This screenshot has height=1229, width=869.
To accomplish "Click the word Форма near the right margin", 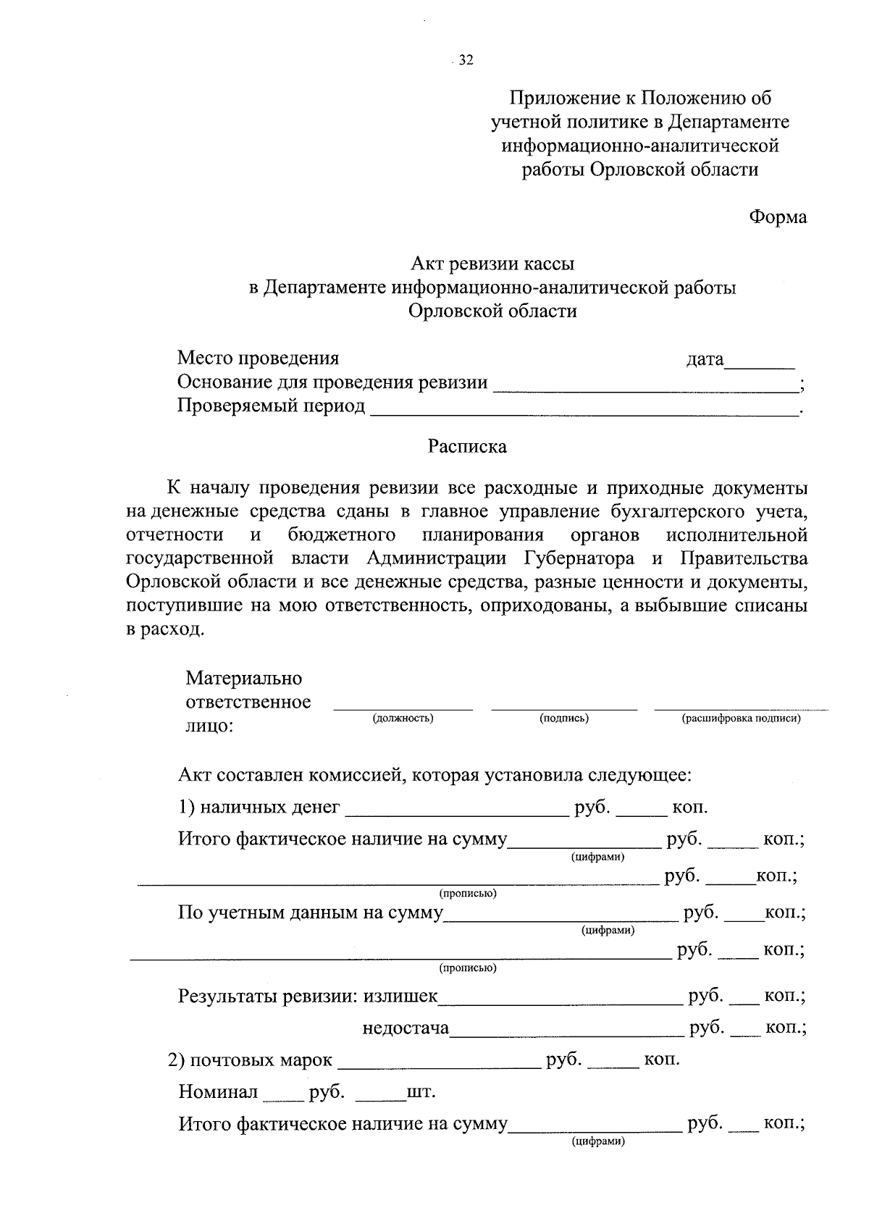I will [x=778, y=217].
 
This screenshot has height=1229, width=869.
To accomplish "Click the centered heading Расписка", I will [x=467, y=446].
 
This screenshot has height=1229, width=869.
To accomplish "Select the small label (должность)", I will [x=403, y=718].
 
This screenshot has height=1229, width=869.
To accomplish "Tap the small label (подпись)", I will [x=564, y=718].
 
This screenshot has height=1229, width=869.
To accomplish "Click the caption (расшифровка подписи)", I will [x=741, y=718].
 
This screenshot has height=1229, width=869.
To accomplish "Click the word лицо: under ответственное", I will [x=210, y=726].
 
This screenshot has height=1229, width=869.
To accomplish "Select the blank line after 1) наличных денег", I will [x=457, y=814].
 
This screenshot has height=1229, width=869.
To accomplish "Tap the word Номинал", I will [x=218, y=1091].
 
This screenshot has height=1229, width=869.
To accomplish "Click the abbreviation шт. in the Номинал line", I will [x=421, y=1091].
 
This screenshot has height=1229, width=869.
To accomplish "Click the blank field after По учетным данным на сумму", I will [x=560, y=919].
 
